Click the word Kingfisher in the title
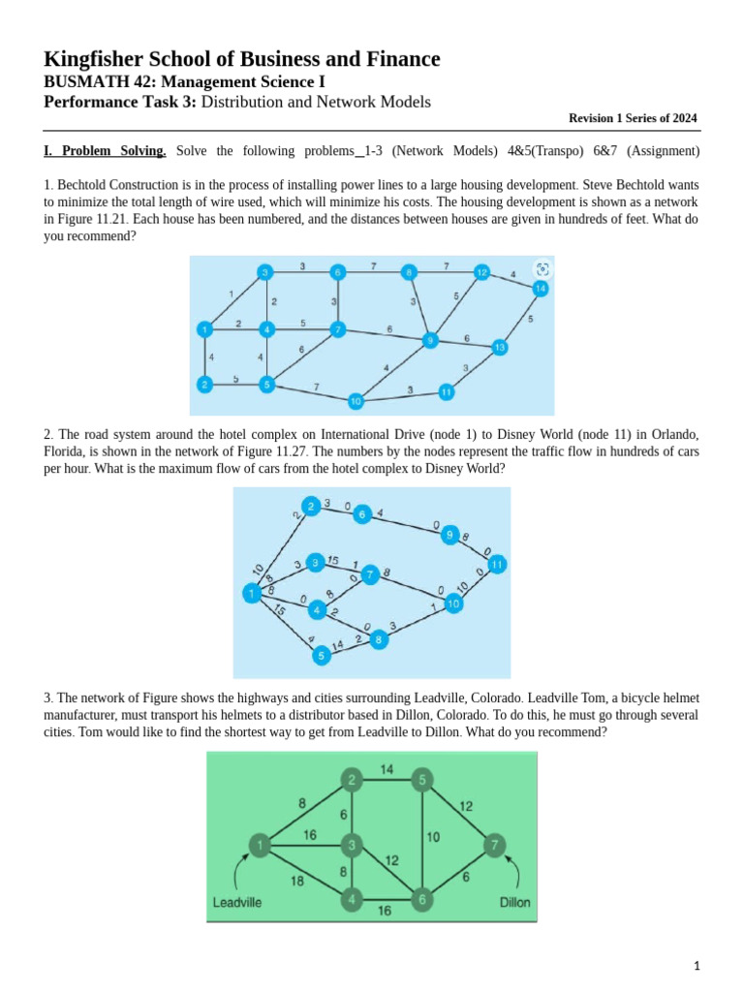tap(92, 60)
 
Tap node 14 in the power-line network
tap(540, 288)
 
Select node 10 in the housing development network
tap(356, 400)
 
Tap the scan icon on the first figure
tap(542, 268)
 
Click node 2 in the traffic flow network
tap(310, 507)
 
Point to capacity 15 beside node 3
tap(332, 560)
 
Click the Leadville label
tap(236, 903)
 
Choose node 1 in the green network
tap(260, 846)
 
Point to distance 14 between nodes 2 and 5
tap(387, 770)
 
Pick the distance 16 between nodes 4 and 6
tap(386, 912)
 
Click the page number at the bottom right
tap(697, 966)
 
